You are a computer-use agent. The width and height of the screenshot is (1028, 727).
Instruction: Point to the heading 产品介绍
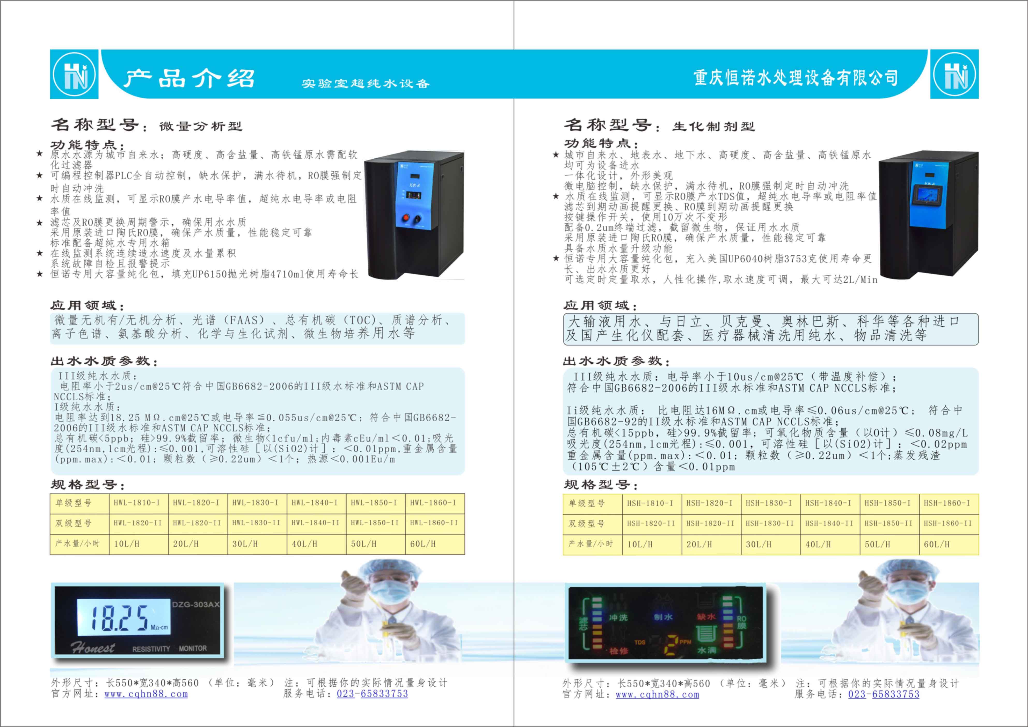point(189,78)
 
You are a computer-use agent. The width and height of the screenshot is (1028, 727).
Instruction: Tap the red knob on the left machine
point(406,218)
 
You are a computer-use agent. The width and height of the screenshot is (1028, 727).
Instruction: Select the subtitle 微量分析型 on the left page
point(201,127)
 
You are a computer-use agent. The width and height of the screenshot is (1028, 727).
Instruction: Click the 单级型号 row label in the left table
point(74,503)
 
